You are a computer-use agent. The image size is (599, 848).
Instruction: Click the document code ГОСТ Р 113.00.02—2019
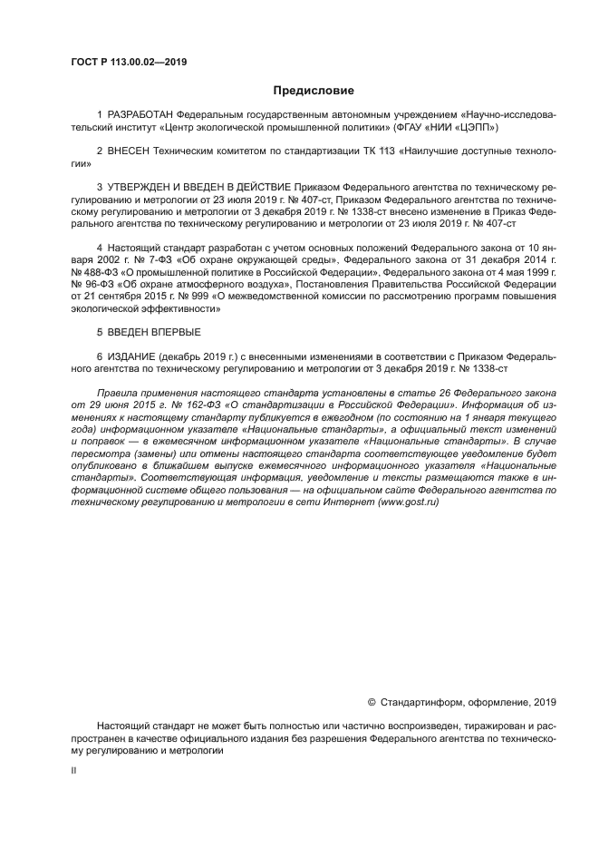pyautogui.click(x=129, y=63)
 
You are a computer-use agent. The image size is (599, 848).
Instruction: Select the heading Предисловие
pyautogui.click(x=314, y=91)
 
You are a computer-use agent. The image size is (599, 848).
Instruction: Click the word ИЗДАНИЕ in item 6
pyautogui.click(x=135, y=356)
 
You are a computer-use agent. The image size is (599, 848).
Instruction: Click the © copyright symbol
pyautogui.click(x=371, y=701)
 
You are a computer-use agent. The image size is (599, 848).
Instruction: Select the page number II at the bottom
pyautogui.click(x=73, y=769)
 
